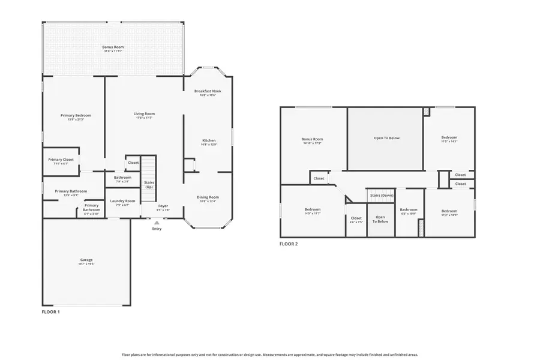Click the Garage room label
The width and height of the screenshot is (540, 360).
[86, 260]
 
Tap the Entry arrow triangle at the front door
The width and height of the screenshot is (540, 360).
[157, 223]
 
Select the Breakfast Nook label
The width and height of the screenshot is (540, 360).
[208, 91]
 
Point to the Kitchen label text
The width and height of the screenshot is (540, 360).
[208, 140]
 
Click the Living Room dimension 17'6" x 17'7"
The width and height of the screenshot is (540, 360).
[144, 118]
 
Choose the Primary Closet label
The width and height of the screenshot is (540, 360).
[61, 159]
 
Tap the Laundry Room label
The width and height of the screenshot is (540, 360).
[122, 201]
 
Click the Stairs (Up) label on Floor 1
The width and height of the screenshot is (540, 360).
[148, 184]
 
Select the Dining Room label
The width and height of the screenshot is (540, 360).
[208, 197]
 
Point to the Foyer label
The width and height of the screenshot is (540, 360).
[163, 206]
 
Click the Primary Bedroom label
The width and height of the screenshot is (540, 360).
[76, 115]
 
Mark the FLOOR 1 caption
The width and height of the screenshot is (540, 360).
[50, 312]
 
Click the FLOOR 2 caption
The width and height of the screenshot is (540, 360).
[289, 244]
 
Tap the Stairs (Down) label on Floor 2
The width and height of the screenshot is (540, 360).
[382, 196]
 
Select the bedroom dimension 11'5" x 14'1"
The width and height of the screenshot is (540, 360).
[449, 142]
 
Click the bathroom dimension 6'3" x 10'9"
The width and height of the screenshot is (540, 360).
[409, 214]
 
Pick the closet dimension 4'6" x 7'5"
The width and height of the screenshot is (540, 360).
[356, 222]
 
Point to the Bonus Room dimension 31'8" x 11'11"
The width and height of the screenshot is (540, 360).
[113, 51]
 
